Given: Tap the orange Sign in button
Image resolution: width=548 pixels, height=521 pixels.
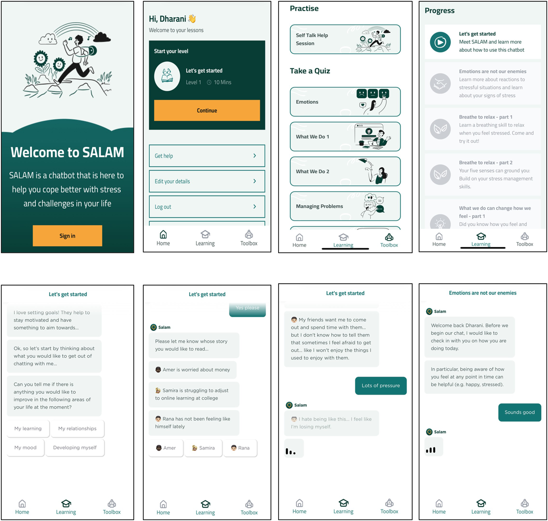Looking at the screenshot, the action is [x=67, y=236].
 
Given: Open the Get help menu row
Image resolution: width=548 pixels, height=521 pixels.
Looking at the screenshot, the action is [x=207, y=156].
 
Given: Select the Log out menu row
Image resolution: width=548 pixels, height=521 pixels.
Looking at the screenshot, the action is [x=207, y=207].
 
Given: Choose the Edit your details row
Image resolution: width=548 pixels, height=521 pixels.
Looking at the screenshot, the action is [x=207, y=181].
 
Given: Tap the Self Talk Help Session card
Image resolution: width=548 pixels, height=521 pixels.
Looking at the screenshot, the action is [x=345, y=39].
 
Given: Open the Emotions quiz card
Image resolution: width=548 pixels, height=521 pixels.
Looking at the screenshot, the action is [x=345, y=102].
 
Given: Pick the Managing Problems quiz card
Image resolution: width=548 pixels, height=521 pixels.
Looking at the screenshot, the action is [x=345, y=206].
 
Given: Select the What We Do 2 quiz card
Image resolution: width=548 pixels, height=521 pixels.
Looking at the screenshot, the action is [x=345, y=171].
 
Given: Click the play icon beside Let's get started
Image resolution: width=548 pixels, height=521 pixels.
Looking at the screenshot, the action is [x=440, y=42].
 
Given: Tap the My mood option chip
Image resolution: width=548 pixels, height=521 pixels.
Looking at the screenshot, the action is [x=25, y=448].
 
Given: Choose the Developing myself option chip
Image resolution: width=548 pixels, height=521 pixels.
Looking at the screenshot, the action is [x=75, y=448].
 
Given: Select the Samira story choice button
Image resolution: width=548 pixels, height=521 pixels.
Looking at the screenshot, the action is [x=203, y=448].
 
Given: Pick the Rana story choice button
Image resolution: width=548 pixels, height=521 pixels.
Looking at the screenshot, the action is [x=240, y=448].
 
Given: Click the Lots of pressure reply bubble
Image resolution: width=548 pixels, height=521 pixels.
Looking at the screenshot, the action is [x=381, y=386].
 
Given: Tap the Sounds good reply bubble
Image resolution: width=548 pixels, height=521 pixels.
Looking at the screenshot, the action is [x=519, y=412].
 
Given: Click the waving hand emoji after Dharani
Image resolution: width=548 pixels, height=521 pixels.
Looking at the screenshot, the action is [x=192, y=19].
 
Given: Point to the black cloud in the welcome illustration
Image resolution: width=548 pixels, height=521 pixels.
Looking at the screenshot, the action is [x=102, y=37].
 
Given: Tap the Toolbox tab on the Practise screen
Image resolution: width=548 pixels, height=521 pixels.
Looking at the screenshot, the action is [x=389, y=241].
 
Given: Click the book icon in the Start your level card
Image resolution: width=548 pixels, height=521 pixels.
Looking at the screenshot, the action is [x=167, y=76].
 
